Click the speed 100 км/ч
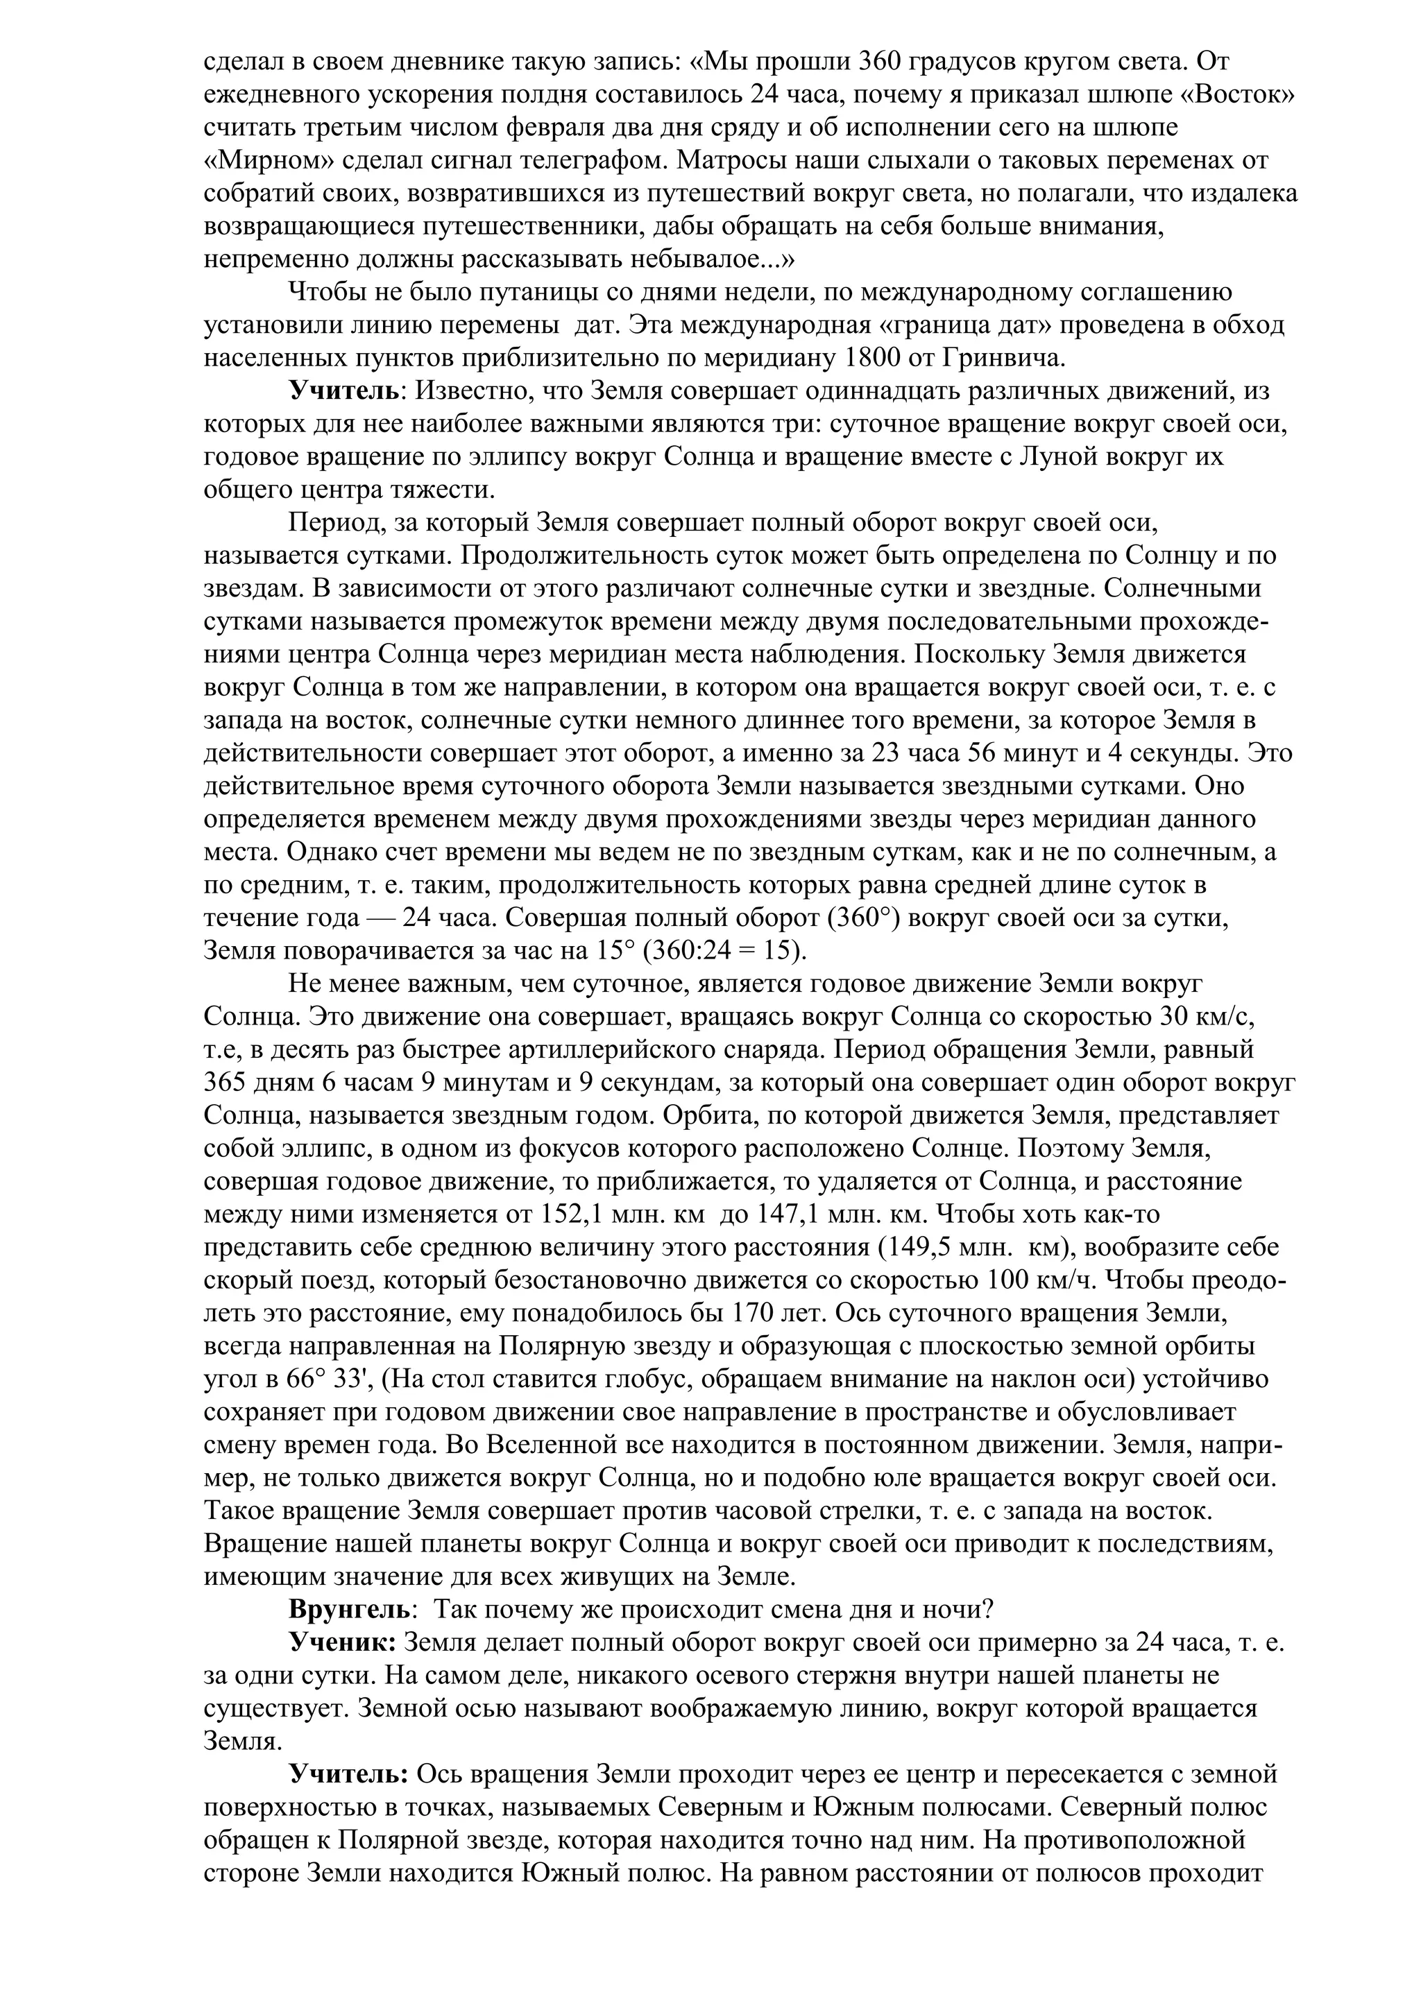(x=1043, y=1281)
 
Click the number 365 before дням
(x=228, y=1083)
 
